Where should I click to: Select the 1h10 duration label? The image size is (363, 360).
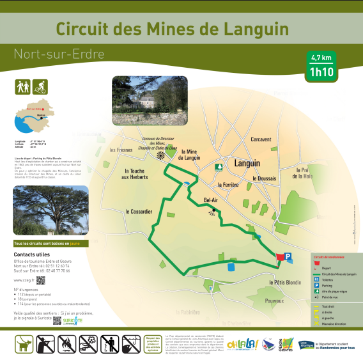coord(321,71)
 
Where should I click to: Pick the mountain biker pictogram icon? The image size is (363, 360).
coord(40,85)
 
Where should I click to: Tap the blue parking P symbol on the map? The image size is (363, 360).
coord(288,256)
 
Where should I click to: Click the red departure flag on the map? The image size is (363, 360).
coord(279,256)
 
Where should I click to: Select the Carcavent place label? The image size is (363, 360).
coord(261,139)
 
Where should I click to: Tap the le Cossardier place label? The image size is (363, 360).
coord(139,211)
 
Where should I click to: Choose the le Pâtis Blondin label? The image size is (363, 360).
coord(284,282)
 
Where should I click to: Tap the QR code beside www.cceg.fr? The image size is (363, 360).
coord(40,279)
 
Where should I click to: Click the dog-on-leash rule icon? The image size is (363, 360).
coord(24,344)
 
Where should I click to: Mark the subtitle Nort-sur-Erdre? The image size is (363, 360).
coord(59,54)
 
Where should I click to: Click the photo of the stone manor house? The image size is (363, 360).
coord(150,100)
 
